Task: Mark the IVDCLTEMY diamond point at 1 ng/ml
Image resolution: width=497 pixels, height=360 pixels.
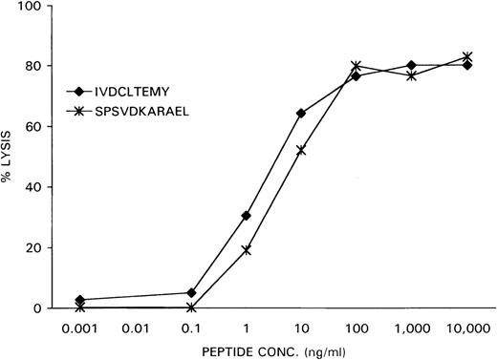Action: click(x=247, y=216)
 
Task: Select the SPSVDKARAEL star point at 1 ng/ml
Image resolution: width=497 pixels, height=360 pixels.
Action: click(x=247, y=250)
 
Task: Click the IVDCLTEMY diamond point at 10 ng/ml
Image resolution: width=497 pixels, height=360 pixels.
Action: click(x=301, y=114)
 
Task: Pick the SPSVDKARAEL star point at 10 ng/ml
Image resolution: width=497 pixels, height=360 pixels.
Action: click(x=301, y=150)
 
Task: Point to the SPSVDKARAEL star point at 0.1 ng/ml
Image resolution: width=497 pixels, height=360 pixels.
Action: click(x=191, y=307)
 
